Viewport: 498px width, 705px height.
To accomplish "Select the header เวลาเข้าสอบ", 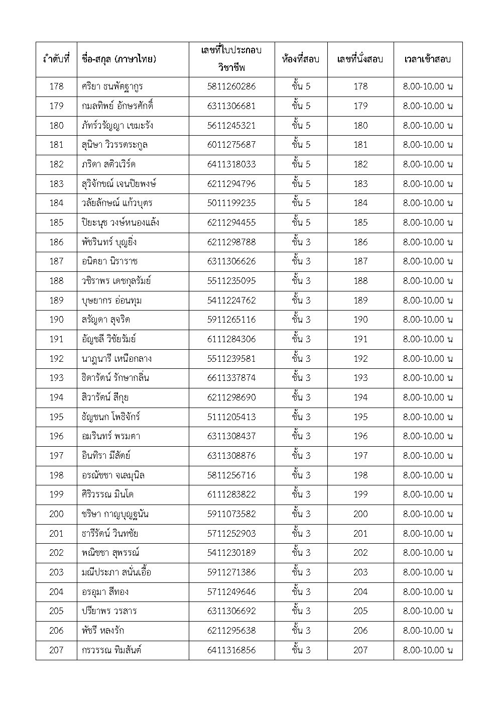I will pos(428,59).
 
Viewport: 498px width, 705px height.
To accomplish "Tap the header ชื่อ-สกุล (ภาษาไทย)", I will pos(119,59).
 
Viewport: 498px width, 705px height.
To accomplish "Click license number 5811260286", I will pos(231,86).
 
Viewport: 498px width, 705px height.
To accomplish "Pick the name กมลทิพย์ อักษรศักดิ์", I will pos(117,106).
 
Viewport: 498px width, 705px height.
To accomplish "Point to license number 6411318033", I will pos(231,164).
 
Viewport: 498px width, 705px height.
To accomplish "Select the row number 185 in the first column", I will pos(56,223).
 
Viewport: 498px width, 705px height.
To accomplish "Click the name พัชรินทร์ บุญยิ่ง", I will pos(108,242).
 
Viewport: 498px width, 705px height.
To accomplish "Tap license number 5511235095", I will pos(231,281).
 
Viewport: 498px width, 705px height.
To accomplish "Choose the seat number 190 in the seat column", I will pos(360,320).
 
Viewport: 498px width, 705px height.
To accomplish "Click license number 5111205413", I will pos(231,417).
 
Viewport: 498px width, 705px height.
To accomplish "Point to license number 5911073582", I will pos(231,514).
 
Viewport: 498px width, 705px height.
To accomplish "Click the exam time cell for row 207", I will pos(428,650).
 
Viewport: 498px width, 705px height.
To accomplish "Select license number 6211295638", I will pos(231,631).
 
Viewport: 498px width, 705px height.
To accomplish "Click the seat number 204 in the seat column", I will pos(360,592).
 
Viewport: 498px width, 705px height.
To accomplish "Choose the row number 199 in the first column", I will pos(56,494).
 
